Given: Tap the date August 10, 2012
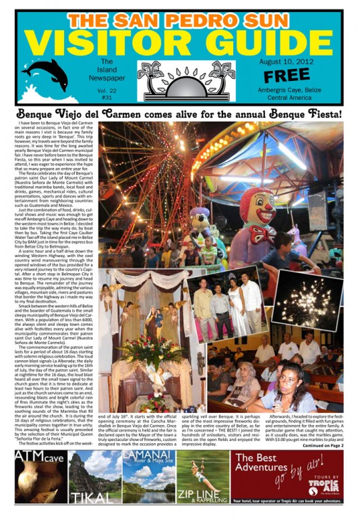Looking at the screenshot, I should [287, 61].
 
